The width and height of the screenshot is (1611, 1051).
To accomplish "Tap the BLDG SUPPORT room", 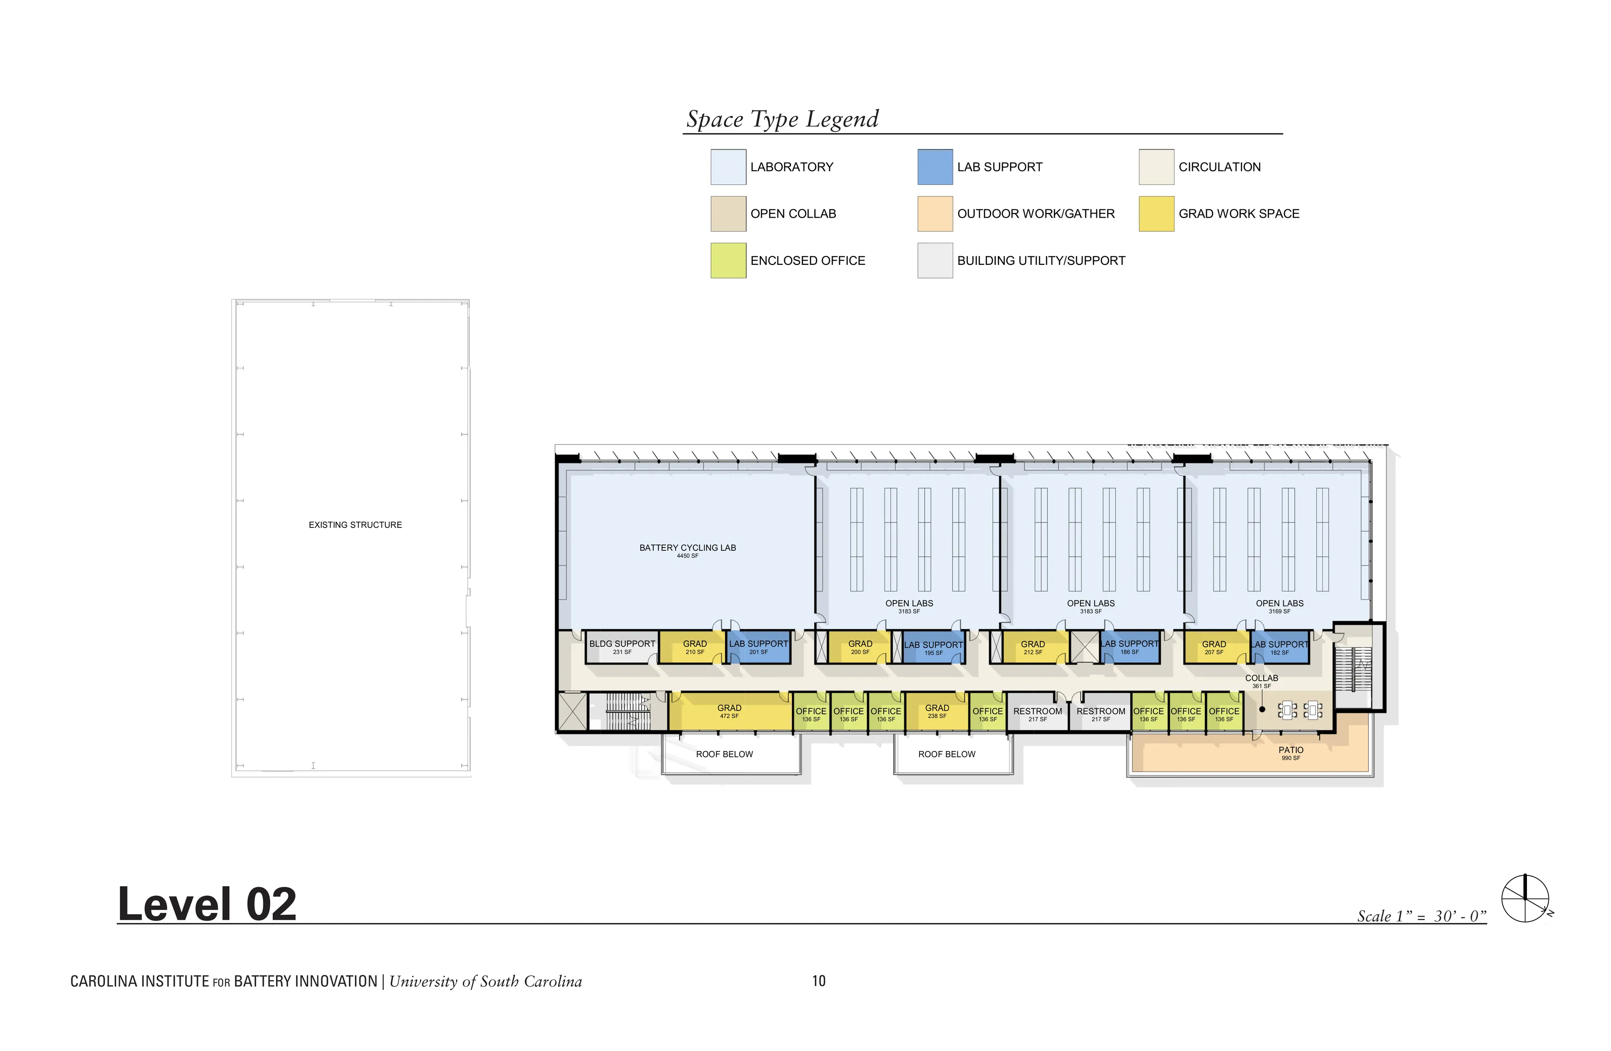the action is coord(622,647).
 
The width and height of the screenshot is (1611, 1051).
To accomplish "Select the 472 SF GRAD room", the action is coord(730,711).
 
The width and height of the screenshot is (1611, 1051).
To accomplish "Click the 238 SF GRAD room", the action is coord(937,711).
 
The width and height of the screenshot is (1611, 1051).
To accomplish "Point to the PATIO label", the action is coord(1291,753).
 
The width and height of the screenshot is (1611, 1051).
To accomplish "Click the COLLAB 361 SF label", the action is coord(1262,681).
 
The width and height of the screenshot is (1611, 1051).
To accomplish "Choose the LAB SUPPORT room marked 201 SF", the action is coord(759,647).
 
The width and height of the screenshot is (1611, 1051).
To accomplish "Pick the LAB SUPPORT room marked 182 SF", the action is coord(1279,647).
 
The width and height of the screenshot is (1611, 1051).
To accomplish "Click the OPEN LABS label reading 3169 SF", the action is coord(1279,607).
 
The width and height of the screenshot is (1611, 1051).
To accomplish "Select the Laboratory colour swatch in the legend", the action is coord(728,167).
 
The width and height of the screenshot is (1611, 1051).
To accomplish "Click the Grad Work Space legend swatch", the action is coord(1156,214).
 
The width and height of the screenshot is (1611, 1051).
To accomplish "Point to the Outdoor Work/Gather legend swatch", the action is coord(935,214).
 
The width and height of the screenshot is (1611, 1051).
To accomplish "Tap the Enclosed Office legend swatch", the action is coord(728,261).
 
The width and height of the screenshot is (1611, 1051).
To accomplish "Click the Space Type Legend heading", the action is coord(783,119).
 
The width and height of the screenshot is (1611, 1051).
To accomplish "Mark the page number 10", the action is coord(819,980).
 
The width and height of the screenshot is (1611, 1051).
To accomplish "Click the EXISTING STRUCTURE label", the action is coord(355,525).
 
